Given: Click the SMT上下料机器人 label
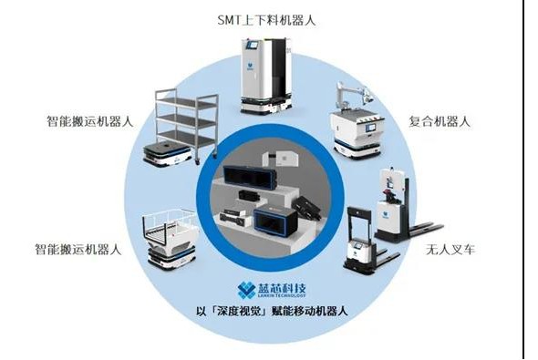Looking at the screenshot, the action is pyautogui.click(x=266, y=20).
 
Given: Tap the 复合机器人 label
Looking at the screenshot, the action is pyautogui.click(x=439, y=121).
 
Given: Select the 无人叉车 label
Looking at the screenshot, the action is pyautogui.click(x=450, y=249).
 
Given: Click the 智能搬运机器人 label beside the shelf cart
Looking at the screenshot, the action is pyautogui.click(x=90, y=121).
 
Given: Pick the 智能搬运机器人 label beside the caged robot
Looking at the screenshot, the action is pyautogui.click(x=78, y=249).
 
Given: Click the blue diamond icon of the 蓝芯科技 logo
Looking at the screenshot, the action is pyautogui.click(x=246, y=290).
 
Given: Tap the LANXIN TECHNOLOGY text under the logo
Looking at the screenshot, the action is pyautogui.click(x=282, y=295).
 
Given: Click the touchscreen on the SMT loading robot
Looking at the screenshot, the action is pyautogui.click(x=253, y=45).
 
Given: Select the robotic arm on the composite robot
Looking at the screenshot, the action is pyautogui.click(x=355, y=93).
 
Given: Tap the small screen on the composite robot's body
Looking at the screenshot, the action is pyautogui.click(x=370, y=128).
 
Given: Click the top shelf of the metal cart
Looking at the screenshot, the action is pyautogui.click(x=186, y=100).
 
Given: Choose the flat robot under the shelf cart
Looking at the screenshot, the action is pyautogui.click(x=167, y=154).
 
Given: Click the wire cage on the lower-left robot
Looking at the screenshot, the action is pyautogui.click(x=170, y=224).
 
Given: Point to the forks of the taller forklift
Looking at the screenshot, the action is pyautogui.click(x=424, y=228).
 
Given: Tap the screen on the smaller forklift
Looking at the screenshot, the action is pyautogui.click(x=357, y=245).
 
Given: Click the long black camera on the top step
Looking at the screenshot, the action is pyautogui.click(x=250, y=177).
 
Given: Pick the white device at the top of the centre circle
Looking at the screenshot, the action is pyautogui.click(x=280, y=158).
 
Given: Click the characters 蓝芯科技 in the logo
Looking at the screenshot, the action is pyautogui.click(x=282, y=287).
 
